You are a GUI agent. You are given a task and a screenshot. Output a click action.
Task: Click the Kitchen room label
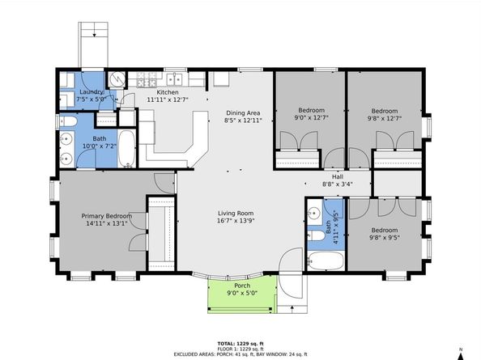tap(168, 92)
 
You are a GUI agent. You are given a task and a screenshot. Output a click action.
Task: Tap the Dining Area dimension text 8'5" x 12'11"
tap(243, 121)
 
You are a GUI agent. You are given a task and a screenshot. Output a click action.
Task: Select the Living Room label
tap(236, 214)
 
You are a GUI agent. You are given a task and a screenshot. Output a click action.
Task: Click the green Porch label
tap(242, 286)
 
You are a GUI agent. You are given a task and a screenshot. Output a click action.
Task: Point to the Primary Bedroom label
tap(107, 216)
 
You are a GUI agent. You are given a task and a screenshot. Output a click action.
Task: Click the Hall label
tap(338, 177)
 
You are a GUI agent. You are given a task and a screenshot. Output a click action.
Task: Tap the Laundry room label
tap(92, 92)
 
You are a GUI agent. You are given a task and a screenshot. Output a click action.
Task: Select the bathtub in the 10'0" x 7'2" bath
tap(126, 149)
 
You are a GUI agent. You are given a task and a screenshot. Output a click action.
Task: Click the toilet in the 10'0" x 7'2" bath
tap(66, 121)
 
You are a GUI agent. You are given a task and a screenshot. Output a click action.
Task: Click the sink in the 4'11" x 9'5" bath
tap(314, 212)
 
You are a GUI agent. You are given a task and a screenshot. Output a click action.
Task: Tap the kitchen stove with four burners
tap(147, 79)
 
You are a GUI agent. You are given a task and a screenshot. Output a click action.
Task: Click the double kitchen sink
tap(174, 79)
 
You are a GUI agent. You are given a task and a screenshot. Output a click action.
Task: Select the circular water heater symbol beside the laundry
tap(117, 79)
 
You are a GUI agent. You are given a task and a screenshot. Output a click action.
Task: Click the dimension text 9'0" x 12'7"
tap(312, 117)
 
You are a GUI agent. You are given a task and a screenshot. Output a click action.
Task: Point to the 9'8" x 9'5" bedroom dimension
tap(385, 238)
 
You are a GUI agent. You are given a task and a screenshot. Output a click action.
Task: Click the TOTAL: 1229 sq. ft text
tap(240, 344)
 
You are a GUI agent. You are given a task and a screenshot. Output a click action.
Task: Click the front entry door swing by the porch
tap(291, 273)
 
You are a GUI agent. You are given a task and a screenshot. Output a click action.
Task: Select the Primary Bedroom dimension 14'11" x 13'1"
tap(106, 223)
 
